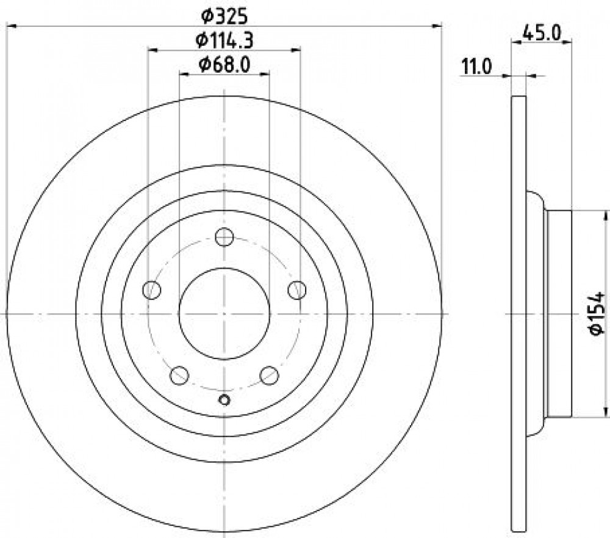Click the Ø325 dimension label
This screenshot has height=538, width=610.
(x=224, y=16)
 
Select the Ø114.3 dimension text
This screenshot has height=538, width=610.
(x=224, y=40)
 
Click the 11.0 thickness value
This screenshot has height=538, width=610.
(x=476, y=67)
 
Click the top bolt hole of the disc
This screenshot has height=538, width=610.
(x=224, y=237)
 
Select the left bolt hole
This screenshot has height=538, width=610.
(x=152, y=290)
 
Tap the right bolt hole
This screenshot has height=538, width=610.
(x=297, y=290)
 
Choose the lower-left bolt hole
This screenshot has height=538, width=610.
(x=179, y=375)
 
